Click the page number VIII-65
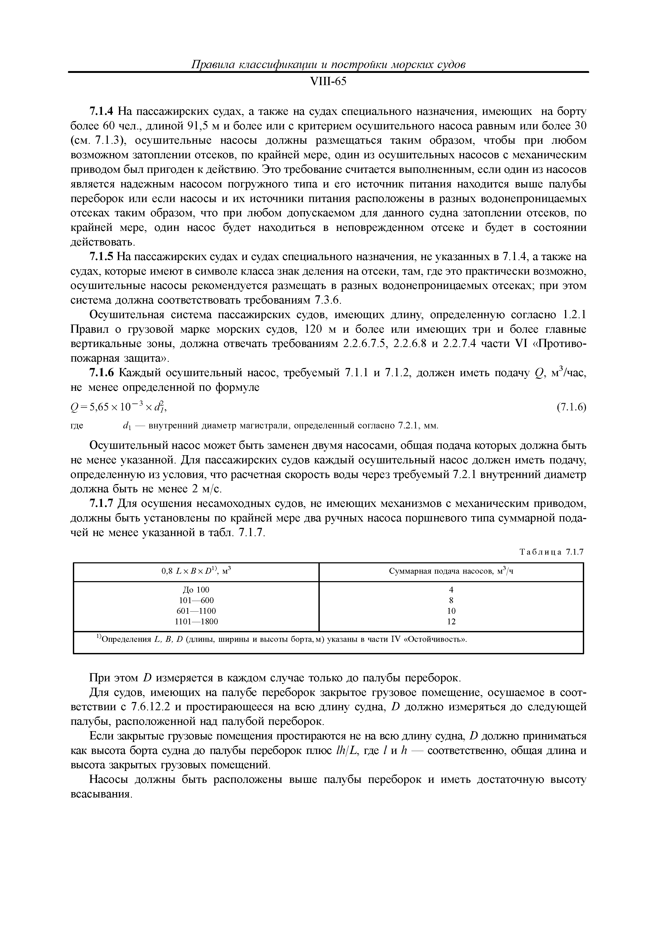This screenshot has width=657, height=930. [328, 81]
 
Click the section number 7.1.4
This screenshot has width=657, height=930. [102, 111]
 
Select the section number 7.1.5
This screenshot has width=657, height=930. [102, 257]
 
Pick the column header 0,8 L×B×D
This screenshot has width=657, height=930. [196, 572]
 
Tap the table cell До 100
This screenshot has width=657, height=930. [196, 590]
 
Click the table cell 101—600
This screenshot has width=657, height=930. [196, 600]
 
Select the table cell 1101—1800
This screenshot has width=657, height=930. [196, 621]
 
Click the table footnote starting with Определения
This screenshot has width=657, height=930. [283, 640]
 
